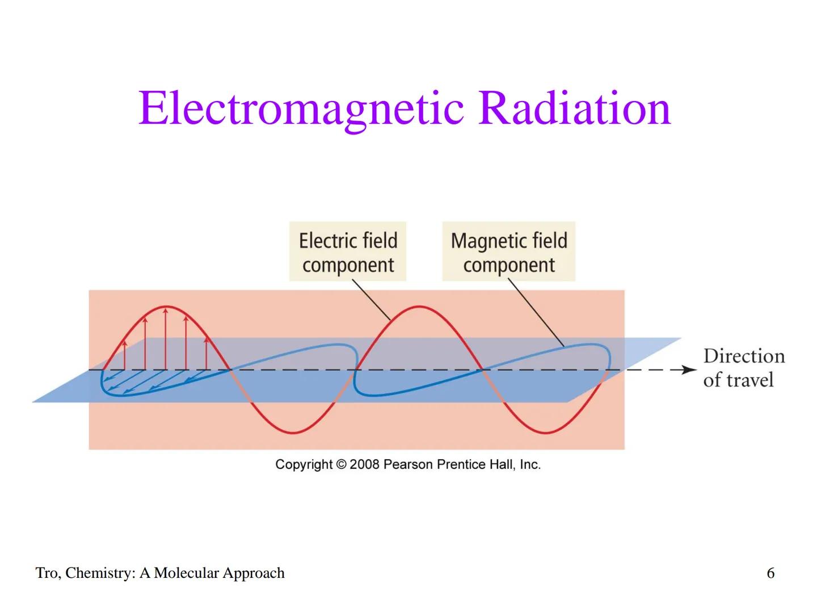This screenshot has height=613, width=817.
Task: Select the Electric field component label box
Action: click(348, 252)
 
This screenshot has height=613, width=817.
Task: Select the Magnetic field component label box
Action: click(509, 252)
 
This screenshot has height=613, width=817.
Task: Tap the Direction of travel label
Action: click(743, 368)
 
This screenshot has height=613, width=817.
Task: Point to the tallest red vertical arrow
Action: click(166, 338)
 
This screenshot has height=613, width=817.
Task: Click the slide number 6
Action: click(770, 573)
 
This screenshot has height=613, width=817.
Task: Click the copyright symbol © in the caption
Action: click(341, 464)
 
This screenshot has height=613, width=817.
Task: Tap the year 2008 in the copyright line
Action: click(364, 464)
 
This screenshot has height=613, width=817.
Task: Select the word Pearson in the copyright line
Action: click(408, 464)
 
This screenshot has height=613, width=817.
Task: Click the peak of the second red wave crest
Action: click(419, 307)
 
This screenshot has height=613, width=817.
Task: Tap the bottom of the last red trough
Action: click(545, 433)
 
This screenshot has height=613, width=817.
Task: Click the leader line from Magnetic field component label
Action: click(536, 313)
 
